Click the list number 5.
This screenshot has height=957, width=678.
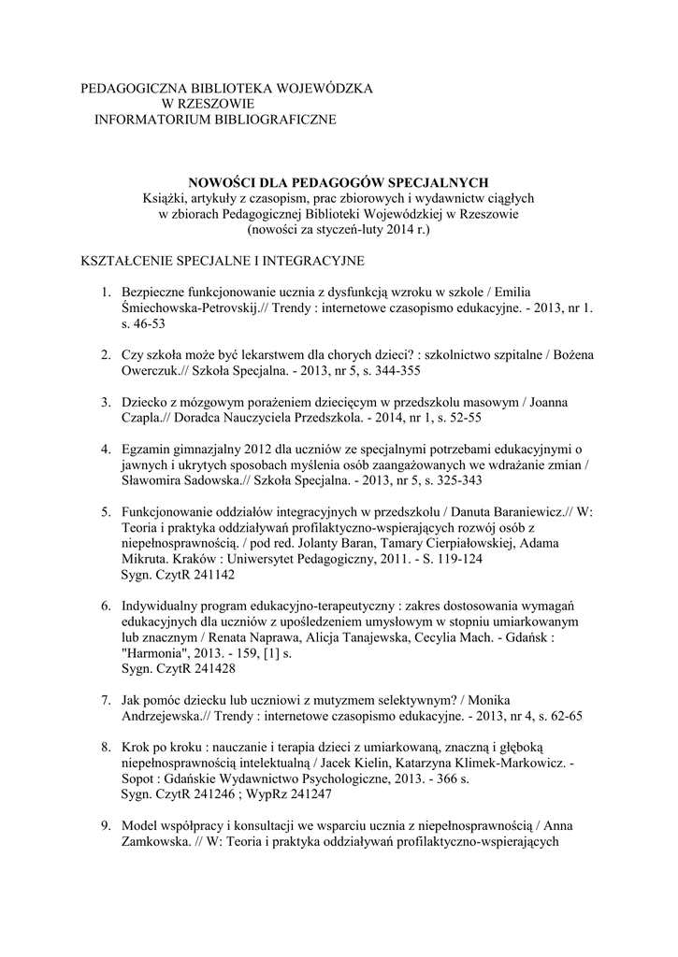107,513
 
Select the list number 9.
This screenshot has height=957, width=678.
107,825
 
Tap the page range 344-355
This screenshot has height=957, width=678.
381,371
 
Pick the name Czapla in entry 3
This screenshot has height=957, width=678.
143,417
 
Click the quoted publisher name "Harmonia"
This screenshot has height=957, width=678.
153,654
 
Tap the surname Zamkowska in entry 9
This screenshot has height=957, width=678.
157,841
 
